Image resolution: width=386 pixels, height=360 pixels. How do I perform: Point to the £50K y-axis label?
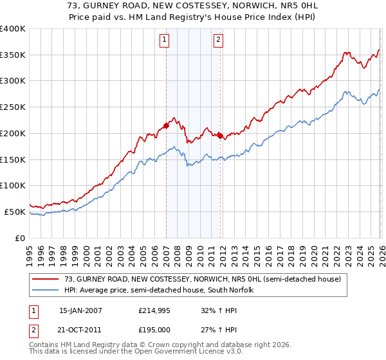tap(15, 212)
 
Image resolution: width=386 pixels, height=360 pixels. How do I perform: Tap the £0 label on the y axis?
tap(21, 238)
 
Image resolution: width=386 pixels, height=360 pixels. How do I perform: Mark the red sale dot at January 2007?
tap(166, 125)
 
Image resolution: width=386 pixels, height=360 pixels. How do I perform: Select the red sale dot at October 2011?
tap(220, 136)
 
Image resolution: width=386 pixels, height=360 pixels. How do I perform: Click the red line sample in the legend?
tap(46, 279)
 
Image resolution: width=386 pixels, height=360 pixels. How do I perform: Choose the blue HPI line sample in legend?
tap(46, 290)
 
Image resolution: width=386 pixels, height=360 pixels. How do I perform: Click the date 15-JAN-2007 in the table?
tap(80, 310)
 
